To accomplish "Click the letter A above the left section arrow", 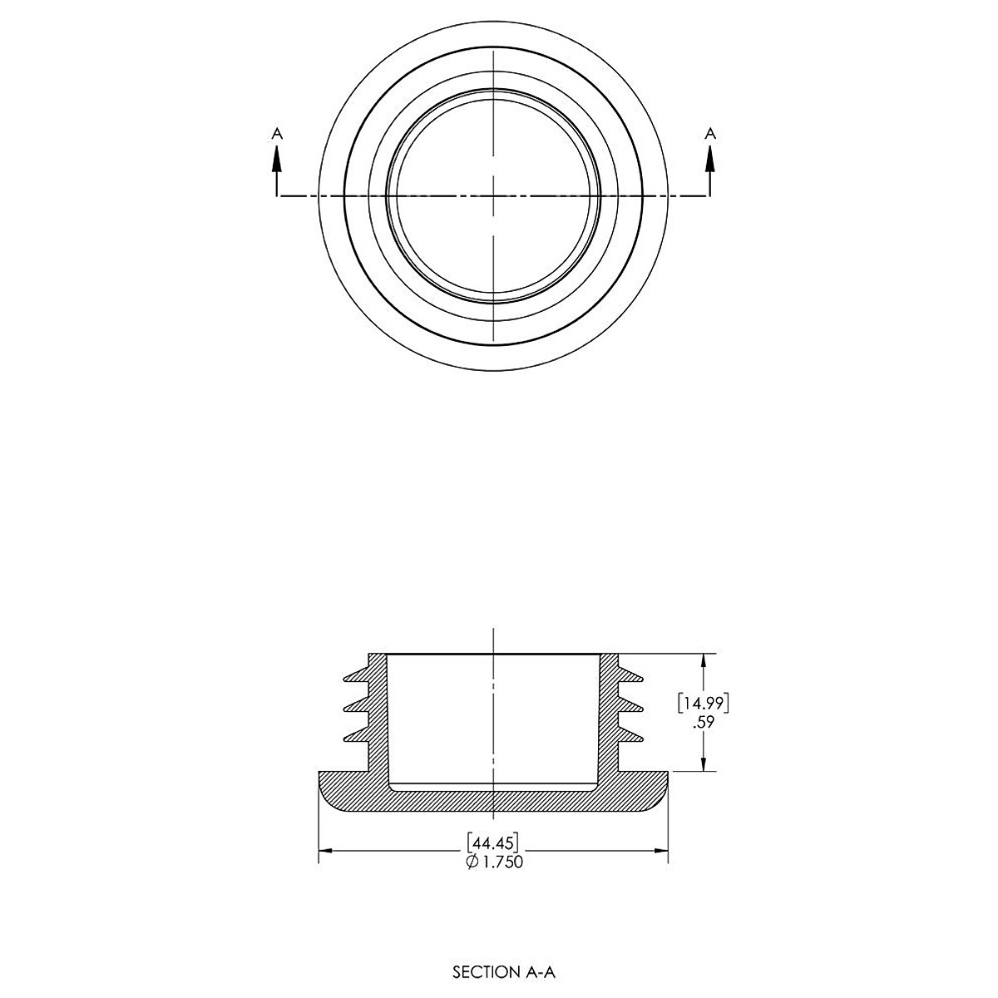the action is point(278,134).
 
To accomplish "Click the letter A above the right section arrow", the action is point(710,134).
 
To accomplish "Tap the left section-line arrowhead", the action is point(277,159).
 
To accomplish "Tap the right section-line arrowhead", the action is point(710,159).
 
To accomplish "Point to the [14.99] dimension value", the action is point(704,703).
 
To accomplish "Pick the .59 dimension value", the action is point(704,721).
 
